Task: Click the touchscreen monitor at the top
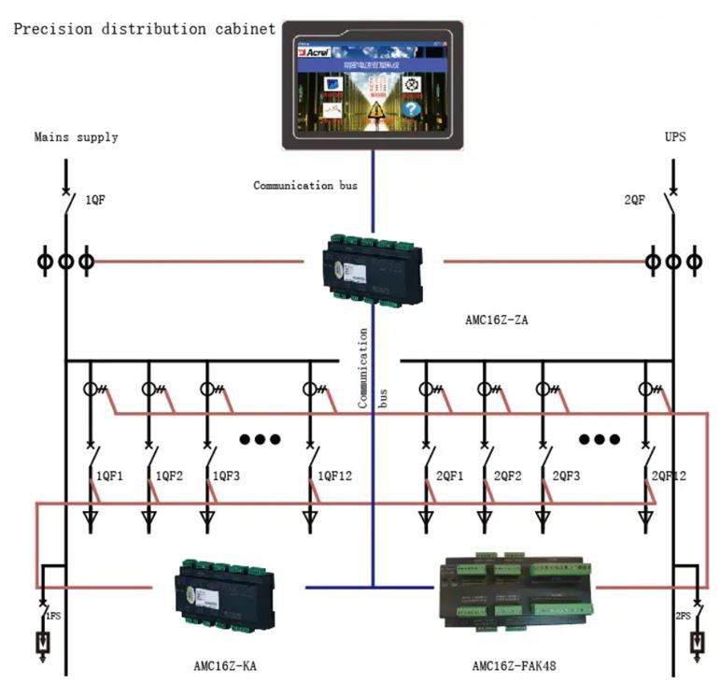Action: tap(373, 84)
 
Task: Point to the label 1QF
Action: tap(96, 200)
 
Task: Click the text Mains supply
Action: tap(76, 137)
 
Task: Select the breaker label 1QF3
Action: tap(226, 476)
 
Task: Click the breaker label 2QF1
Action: tap(450, 476)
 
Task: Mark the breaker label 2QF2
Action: tap(508, 476)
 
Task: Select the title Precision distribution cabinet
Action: tap(145, 29)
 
